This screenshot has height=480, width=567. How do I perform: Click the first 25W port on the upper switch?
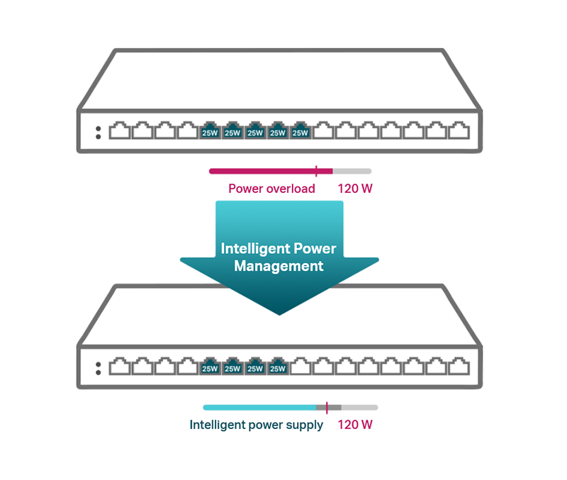tap(210, 130)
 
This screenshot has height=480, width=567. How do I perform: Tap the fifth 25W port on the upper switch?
tap(300, 130)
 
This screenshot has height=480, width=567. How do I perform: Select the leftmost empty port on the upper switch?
tap(120, 130)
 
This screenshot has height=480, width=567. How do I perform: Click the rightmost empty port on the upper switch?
tap(459, 130)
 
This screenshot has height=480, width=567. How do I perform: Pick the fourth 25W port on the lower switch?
tap(278, 366)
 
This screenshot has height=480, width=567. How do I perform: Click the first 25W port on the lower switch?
tap(210, 366)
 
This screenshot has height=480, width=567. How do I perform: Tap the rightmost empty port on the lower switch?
tap(459, 366)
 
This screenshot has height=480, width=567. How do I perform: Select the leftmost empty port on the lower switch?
tap(120, 366)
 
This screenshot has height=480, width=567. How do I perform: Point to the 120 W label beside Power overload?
tap(355, 189)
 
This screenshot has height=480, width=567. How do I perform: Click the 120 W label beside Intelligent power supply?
tap(355, 425)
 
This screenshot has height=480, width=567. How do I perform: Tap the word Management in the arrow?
tap(279, 266)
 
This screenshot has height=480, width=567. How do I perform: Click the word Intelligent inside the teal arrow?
tap(256, 249)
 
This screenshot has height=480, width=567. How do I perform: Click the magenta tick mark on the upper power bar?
tap(316, 171)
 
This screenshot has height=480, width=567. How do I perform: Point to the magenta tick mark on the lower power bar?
tap(327, 408)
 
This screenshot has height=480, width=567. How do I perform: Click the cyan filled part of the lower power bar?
tap(259, 408)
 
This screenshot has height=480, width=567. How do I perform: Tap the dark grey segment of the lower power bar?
tap(329, 408)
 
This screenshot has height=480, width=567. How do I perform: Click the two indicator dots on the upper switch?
tap(98, 133)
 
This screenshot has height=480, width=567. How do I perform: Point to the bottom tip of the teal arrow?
tap(279, 315)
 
